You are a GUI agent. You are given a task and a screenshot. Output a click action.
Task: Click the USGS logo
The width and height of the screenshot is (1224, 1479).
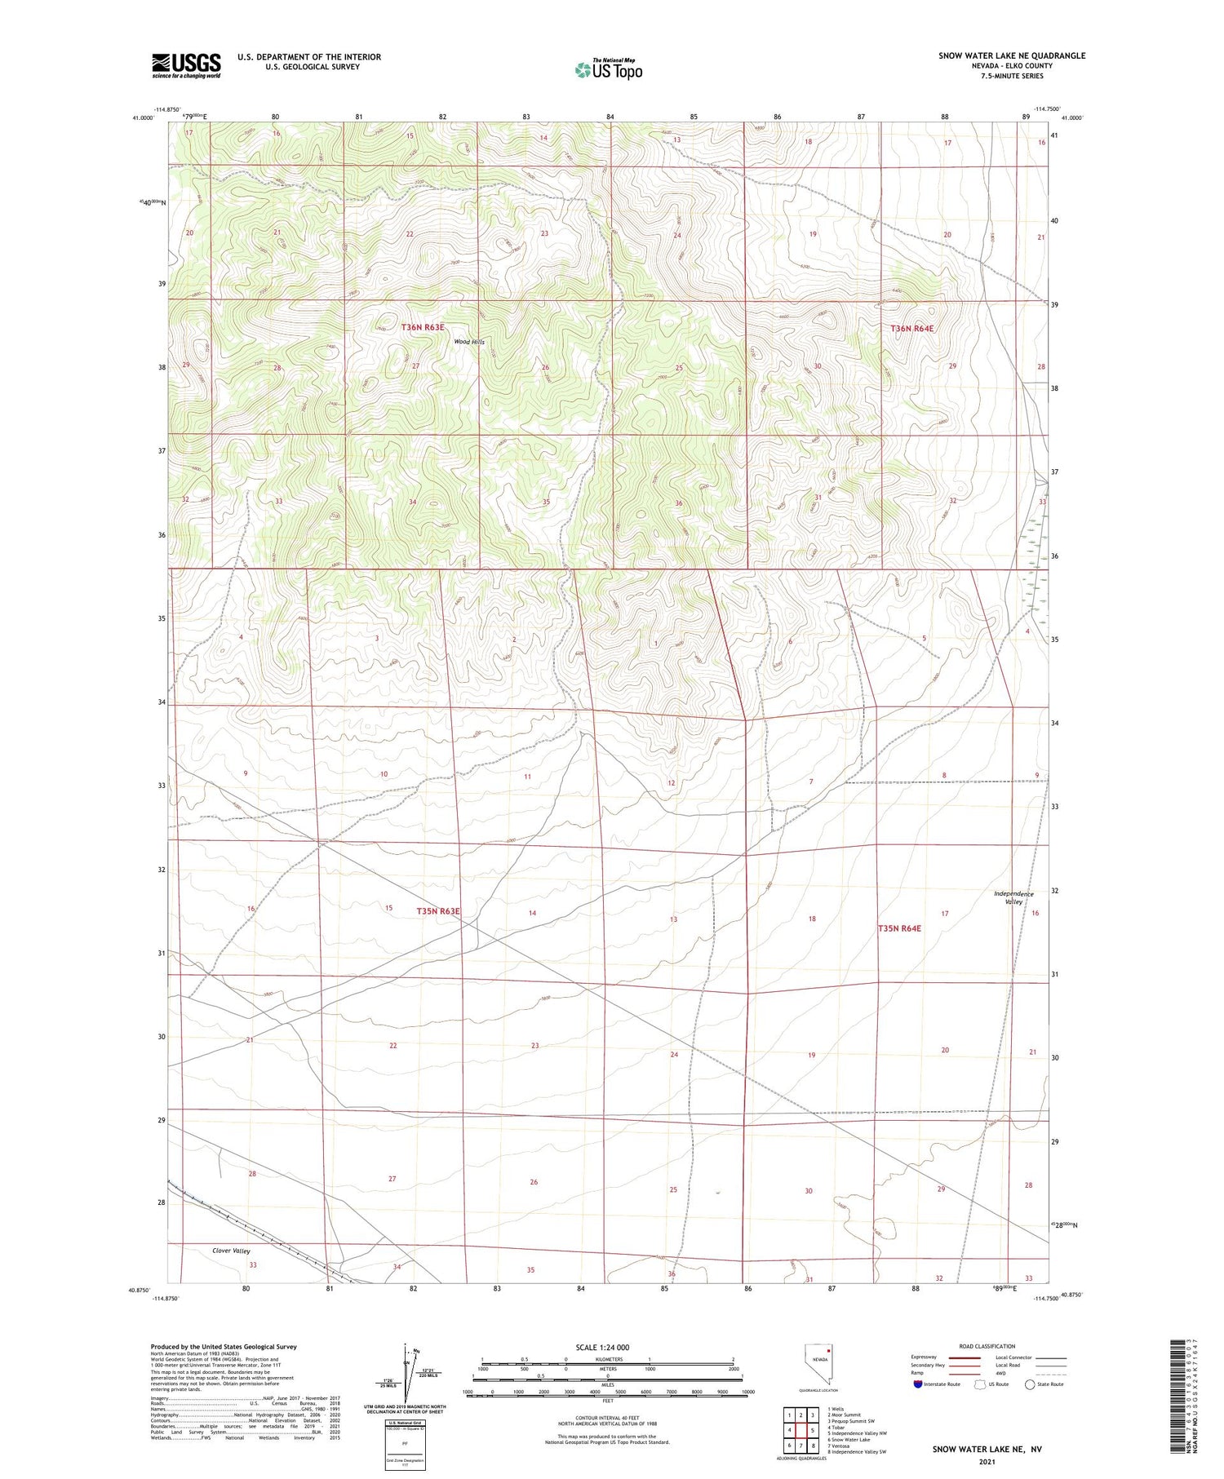coord(186,65)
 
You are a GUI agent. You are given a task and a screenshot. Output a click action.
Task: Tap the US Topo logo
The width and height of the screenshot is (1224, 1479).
coord(608,69)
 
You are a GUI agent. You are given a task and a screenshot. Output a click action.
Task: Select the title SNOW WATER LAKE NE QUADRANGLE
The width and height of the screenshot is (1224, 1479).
coord(1011,55)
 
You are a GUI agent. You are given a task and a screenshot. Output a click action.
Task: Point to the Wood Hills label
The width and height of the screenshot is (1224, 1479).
coord(469,342)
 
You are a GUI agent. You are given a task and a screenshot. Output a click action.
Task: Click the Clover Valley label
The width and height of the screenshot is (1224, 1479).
coord(231,1251)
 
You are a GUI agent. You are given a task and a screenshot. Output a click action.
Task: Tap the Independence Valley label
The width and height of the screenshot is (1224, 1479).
coord(1013,897)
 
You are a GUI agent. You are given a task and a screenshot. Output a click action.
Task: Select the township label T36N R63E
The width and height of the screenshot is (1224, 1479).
coord(423,327)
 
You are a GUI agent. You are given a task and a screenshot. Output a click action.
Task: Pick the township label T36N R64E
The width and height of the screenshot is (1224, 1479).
coord(911,328)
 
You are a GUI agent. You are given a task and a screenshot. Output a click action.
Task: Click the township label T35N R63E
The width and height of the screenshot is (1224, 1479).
coord(438,910)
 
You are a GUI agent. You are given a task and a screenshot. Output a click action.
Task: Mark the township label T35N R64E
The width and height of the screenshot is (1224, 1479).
coord(899,928)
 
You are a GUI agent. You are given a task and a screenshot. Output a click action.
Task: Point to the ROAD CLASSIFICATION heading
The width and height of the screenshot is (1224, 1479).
coord(987,1346)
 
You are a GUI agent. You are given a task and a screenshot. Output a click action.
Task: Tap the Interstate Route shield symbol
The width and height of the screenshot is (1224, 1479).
coord(918,1384)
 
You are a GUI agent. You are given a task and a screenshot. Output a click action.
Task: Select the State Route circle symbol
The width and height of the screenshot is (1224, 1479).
coord(1030,1384)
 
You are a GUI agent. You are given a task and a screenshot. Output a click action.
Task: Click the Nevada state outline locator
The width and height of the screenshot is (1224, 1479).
coord(818,1363)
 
